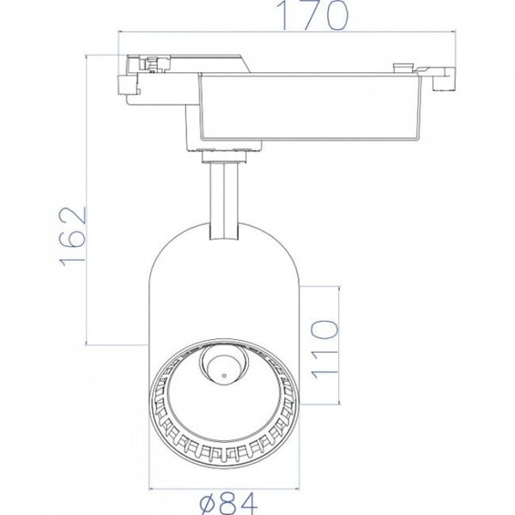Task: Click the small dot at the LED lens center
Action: (222, 374)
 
